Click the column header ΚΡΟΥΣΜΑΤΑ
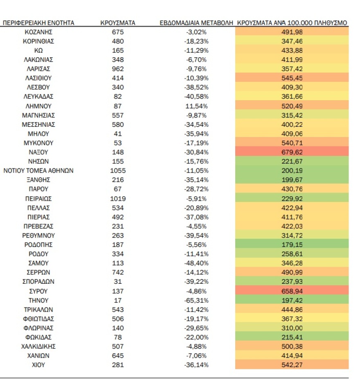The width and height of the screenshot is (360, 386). pyautogui.click(x=118, y=23)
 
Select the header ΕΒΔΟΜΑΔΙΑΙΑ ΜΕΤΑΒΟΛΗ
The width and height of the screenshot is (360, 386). pyautogui.click(x=196, y=23)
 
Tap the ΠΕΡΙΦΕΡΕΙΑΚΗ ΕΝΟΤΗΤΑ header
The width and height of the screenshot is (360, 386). pyautogui.click(x=38, y=23)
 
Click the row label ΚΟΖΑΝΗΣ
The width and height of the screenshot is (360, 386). pyautogui.click(x=38, y=32)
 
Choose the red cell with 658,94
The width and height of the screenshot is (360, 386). pyautogui.click(x=292, y=291)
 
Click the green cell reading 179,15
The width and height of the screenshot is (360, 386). pyautogui.click(x=292, y=245)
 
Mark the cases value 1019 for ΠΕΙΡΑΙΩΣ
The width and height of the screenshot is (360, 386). pyautogui.click(x=118, y=199)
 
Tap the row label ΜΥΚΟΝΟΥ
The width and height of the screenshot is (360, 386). pyautogui.click(x=38, y=143)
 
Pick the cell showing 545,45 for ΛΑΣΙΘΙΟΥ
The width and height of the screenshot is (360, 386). pyautogui.click(x=292, y=78)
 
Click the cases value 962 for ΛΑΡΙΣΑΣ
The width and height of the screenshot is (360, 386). pyautogui.click(x=118, y=69)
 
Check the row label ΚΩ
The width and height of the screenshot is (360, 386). pyautogui.click(x=38, y=50)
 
